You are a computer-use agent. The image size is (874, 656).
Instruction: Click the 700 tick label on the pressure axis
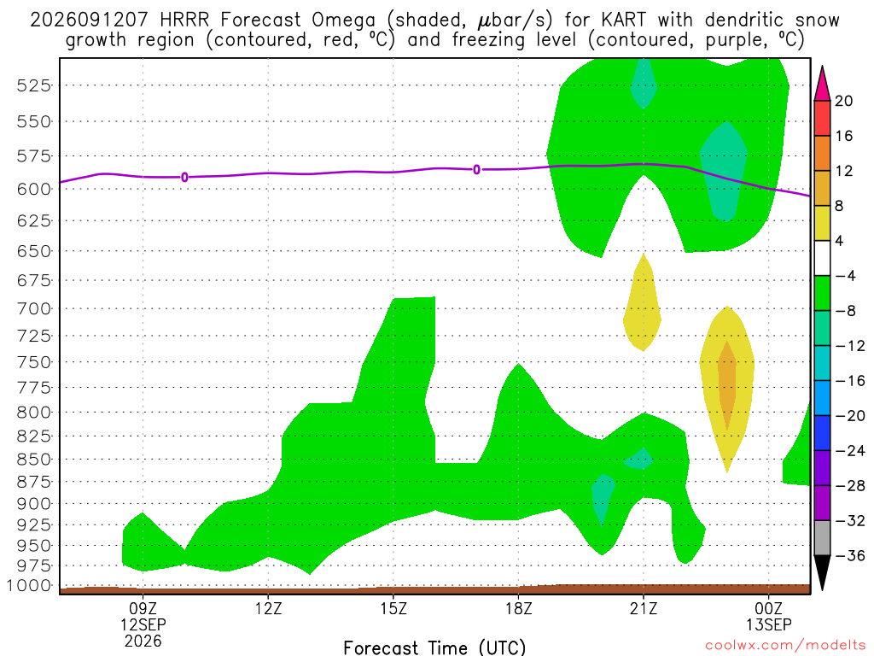[33, 308]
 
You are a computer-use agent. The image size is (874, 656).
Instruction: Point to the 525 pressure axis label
[33, 85]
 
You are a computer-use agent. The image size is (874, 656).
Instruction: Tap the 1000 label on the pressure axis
[28, 586]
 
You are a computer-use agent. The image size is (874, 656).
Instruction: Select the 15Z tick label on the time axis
[393, 608]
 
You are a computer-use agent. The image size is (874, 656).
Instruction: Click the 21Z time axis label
[644, 608]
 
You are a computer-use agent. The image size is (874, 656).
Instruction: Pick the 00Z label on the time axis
[769, 608]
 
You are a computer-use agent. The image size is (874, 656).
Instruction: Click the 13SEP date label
[769, 624]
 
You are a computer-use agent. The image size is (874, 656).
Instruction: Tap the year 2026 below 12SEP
[143, 641]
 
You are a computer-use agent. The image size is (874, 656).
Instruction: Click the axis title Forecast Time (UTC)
[434, 647]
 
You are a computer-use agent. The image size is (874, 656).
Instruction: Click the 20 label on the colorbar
[843, 101]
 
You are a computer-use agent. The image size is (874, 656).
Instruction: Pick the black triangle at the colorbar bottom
[822, 572]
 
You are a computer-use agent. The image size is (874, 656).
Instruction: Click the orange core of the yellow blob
[727, 385]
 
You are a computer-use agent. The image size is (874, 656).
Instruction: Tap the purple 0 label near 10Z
[184, 178]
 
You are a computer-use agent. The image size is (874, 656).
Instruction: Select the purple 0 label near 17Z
[476, 170]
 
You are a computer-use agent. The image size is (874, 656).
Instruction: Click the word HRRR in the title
[184, 20]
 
